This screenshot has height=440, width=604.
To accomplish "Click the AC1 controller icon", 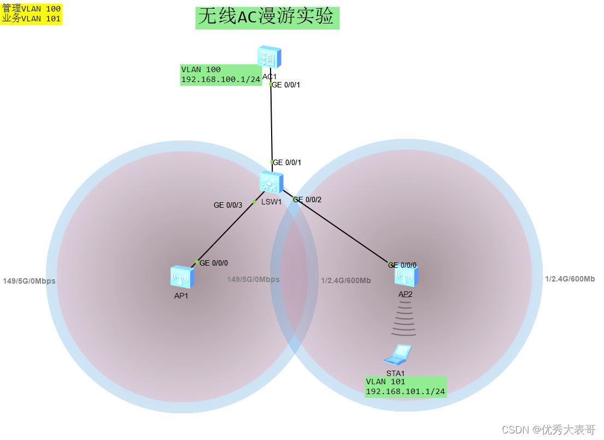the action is point(269,57).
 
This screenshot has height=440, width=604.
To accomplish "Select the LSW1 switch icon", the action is point(271,182).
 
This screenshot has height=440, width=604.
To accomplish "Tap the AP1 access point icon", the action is point(181,277).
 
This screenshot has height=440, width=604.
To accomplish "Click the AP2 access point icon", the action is point(406,275).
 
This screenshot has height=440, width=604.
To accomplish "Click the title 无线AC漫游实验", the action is point(266,17).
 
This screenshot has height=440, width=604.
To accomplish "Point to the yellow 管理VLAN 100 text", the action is point(32,9).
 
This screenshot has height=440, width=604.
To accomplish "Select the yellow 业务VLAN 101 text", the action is point(32,19).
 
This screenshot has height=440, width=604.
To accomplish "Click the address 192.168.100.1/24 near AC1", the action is point(220,79).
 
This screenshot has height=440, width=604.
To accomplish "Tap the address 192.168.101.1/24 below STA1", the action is point(406,391).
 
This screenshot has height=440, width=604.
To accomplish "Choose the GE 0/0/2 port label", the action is point(308,200).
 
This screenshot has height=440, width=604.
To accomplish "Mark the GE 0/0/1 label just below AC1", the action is point(286,85).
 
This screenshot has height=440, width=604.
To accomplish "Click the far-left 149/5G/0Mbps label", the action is point(29,281).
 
